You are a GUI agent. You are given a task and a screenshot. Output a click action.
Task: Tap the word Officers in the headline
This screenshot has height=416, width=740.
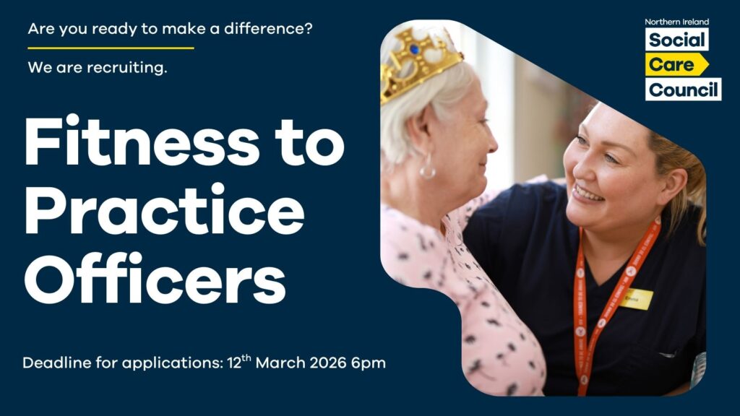click(155, 278)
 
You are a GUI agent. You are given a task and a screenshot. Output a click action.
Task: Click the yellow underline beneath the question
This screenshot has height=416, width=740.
click(111, 48)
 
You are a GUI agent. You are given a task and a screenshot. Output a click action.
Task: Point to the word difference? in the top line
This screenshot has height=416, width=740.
click(268, 29)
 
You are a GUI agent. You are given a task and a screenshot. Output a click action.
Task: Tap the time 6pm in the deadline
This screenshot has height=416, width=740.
click(369, 364)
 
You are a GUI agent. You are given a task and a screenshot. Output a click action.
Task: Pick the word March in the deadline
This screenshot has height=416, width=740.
click(280, 363)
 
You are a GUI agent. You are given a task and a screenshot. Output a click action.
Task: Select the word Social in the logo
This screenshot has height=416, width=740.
click(676, 40)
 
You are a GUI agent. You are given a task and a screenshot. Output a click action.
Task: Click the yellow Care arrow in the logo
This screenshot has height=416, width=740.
click(676, 64)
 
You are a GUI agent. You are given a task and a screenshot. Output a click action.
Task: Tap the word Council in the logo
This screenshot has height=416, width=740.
click(684, 89)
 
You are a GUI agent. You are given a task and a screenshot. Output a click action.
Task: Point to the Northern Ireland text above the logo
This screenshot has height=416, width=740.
click(676, 22)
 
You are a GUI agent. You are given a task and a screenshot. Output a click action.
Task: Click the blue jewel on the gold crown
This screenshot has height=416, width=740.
click(414, 48)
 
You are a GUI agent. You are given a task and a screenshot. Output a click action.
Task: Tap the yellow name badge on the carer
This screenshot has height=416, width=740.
click(636, 298)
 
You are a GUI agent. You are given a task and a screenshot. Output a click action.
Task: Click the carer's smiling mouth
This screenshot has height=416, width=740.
click(588, 194)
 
